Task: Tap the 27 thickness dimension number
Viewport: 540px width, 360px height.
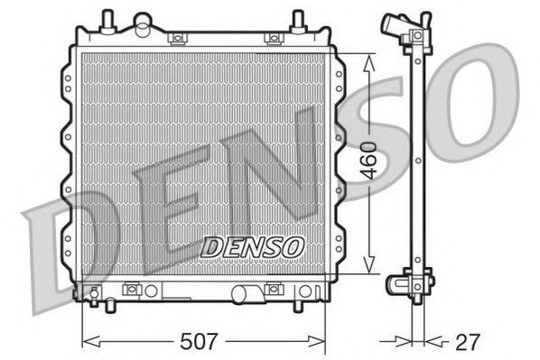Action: pyautogui.click(x=468, y=342)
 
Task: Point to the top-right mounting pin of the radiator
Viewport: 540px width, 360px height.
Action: pyautogui.click(x=297, y=19)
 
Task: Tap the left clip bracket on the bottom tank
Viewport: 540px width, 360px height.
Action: pyautogui.click(x=132, y=290)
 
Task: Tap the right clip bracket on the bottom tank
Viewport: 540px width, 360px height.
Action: pyautogui.click(x=271, y=290)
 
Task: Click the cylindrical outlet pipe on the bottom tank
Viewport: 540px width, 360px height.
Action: pyautogui.click(x=245, y=293)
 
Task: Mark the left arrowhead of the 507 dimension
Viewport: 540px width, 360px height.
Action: pyautogui.click(x=88, y=342)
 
